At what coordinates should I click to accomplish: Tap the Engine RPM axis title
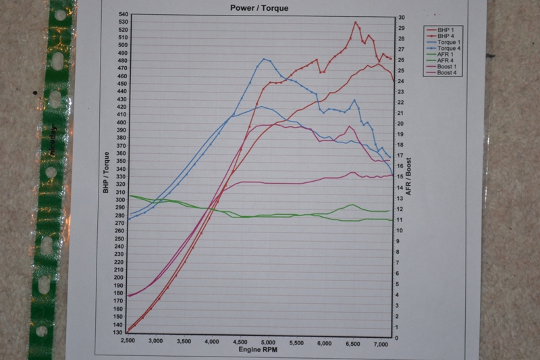(x=258, y=352)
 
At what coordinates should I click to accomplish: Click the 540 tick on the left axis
(x=122, y=14)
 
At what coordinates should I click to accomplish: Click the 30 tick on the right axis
(x=401, y=18)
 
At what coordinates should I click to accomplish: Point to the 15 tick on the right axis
(x=401, y=177)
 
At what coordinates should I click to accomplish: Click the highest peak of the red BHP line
(x=356, y=22)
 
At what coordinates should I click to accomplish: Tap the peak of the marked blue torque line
(x=264, y=59)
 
